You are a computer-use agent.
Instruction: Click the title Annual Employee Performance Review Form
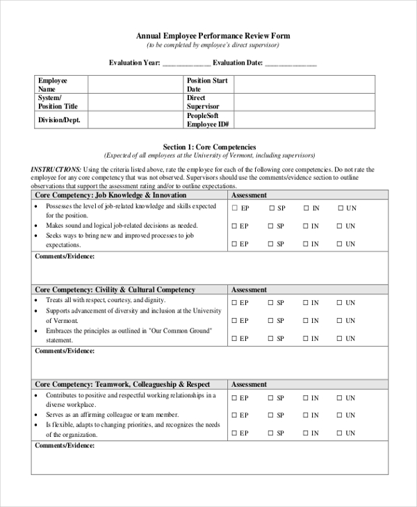tap(213, 35)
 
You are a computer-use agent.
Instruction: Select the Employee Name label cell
tap(61, 85)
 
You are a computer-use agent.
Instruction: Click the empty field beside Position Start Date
tap(304, 85)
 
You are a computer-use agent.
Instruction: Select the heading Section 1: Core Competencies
tap(209, 147)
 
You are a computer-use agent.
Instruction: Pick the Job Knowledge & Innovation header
tap(111, 195)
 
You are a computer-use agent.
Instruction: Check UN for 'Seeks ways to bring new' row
tap(341, 244)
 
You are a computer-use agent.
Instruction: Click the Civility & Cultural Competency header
tap(115, 290)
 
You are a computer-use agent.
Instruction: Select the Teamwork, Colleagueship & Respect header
tap(122, 384)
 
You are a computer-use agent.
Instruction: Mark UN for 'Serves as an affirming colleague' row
tap(341, 415)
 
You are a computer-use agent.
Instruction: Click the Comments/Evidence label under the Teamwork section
tap(65, 444)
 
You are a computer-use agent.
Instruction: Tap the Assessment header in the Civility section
tap(249, 290)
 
